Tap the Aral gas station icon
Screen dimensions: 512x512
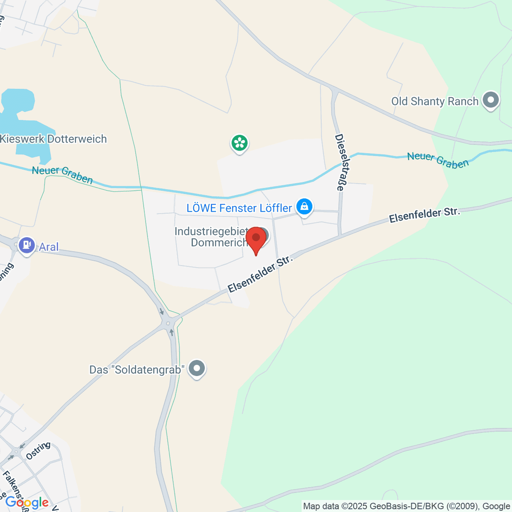click(27, 245)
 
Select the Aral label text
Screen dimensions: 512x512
click(49, 247)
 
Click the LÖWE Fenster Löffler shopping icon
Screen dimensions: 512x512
click(304, 207)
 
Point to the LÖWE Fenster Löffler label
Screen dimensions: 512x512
click(239, 208)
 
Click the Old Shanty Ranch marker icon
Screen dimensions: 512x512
click(491, 100)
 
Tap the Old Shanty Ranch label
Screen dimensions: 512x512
click(435, 102)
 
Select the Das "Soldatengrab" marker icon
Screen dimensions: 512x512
click(197, 368)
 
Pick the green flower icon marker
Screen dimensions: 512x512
click(239, 143)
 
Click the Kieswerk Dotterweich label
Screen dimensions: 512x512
click(53, 139)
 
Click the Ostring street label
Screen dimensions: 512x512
click(38, 451)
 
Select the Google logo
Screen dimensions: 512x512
click(27, 503)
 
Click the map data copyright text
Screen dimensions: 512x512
click(406, 506)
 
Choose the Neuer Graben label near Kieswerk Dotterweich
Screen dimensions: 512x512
click(62, 175)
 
